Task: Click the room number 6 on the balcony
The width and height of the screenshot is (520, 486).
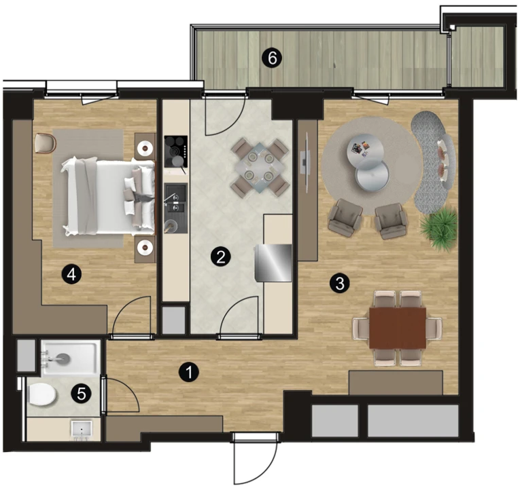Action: pyautogui.click(x=272, y=58)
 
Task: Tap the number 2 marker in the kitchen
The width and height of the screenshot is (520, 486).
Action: pyautogui.click(x=220, y=257)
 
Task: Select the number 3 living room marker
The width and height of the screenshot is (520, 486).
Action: pyautogui.click(x=340, y=284)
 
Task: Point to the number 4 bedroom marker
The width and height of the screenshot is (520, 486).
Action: pyautogui.click(x=71, y=274)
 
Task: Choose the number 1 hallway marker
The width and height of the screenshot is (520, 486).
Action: pyautogui.click(x=189, y=372)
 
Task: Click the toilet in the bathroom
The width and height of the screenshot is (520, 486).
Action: pyautogui.click(x=41, y=394)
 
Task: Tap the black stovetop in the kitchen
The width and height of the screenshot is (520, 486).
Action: pyautogui.click(x=176, y=151)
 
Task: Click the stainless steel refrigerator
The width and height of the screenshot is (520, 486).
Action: pyautogui.click(x=273, y=263)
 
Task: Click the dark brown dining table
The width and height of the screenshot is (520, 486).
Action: pyautogui.click(x=398, y=328)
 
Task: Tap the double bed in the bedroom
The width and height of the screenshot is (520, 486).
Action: pyautogui.click(x=108, y=198)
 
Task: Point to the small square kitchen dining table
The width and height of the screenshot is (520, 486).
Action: pyautogui.click(x=260, y=167)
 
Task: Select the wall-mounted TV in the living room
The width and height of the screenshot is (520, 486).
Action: pyautogui.click(x=305, y=162)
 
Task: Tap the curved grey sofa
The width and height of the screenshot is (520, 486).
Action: pyautogui.click(x=434, y=162)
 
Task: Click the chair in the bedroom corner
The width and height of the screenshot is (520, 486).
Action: pyautogui.click(x=45, y=143)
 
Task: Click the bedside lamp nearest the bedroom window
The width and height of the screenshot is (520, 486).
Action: pyautogui.click(x=145, y=147)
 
